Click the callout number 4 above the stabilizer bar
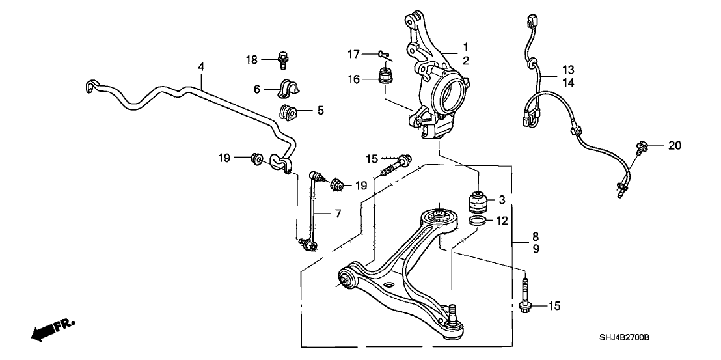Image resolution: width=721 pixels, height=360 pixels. (201, 66)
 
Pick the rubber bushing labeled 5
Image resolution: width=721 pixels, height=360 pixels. (288, 112)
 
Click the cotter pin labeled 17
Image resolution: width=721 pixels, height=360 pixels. (383, 55)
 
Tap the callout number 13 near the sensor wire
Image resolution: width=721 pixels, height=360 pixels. (569, 70)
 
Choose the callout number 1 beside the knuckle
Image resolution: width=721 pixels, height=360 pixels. (466, 47)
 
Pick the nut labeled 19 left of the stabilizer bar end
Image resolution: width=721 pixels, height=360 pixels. (256, 157)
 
